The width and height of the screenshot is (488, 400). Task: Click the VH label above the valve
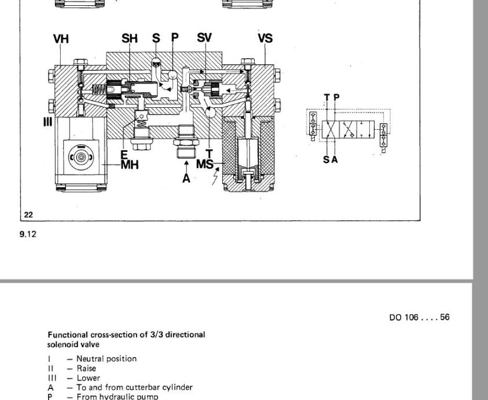point(61,39)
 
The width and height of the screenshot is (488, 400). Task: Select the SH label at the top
point(130,39)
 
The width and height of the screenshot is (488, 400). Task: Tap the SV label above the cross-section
point(204,38)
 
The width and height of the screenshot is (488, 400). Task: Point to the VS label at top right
point(265,39)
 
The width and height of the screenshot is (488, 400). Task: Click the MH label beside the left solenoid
point(130,165)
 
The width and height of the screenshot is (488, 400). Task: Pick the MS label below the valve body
point(205,164)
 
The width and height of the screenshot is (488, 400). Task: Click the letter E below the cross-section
point(124,155)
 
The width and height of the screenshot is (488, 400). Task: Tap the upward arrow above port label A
point(186,166)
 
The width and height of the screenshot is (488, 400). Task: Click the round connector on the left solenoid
point(80,156)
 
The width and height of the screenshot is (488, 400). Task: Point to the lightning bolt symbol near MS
point(215,177)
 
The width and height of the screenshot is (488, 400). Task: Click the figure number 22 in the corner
point(28,214)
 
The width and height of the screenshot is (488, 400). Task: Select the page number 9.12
point(28,235)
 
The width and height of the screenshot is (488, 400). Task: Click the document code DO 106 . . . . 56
point(419,317)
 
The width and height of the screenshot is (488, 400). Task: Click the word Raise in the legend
point(86,368)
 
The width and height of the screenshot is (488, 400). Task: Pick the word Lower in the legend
point(88,378)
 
